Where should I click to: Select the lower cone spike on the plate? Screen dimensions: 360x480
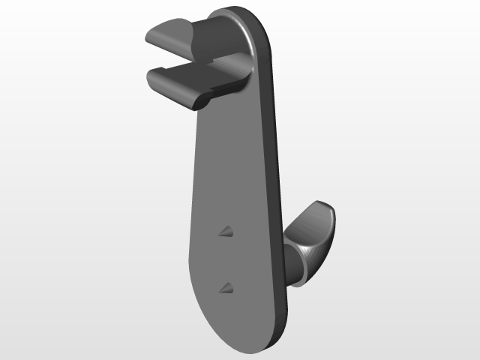[x=226, y=286]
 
